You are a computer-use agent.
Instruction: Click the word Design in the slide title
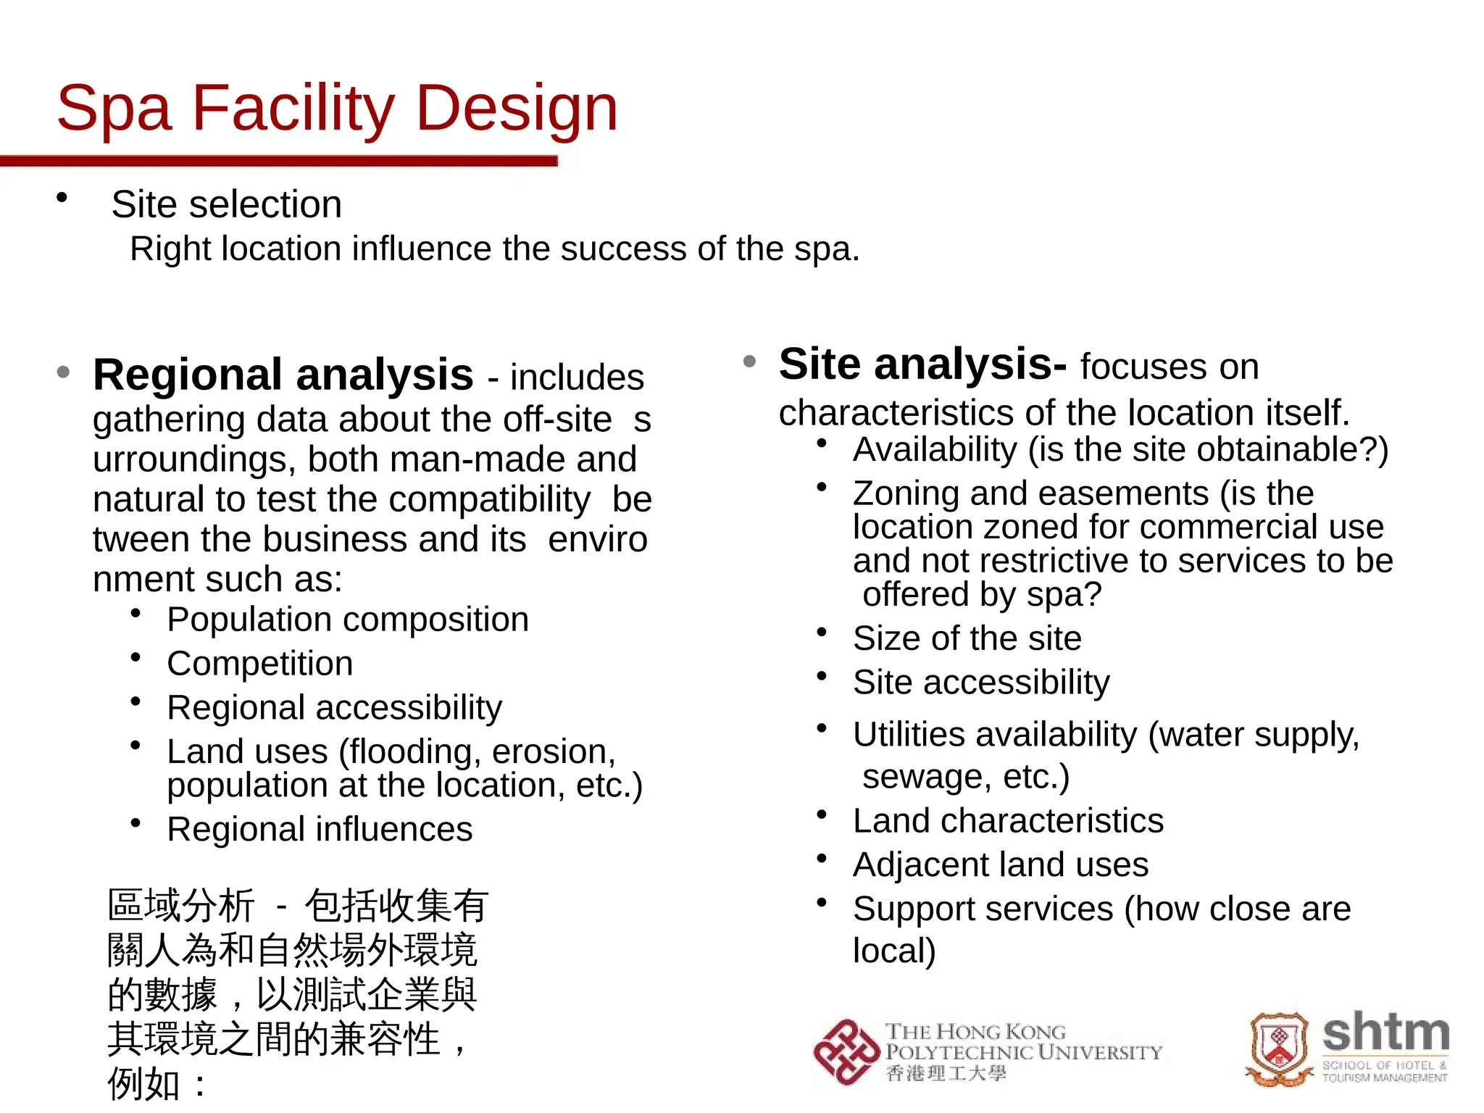517,109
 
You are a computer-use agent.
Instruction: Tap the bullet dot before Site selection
62,197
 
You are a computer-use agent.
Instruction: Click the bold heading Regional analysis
283,375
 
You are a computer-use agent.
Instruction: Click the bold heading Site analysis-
922,364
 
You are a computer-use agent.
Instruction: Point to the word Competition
260,664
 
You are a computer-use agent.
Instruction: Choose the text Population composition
348,620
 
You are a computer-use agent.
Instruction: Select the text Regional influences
320,829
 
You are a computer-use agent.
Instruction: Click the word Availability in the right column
935,450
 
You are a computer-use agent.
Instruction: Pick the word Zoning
906,493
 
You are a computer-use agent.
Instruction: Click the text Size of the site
967,638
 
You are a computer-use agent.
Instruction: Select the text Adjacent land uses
1000,864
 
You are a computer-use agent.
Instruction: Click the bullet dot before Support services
822,903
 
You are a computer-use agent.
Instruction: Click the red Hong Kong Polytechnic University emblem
846,1052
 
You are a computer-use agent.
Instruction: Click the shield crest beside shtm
1280,1047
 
